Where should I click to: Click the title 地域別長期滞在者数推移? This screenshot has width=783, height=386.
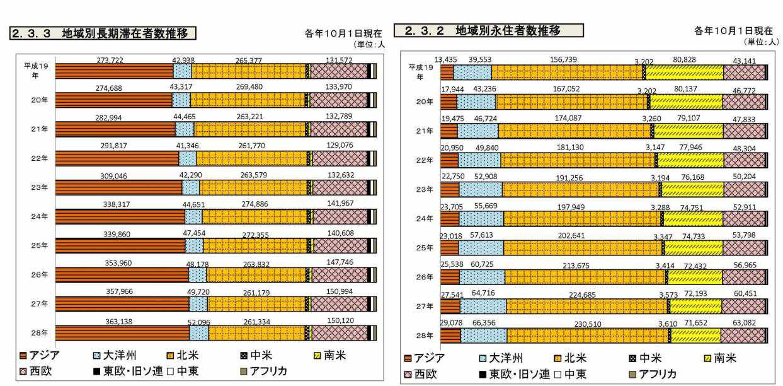(x=129, y=33)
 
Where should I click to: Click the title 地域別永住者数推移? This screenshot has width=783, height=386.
(x=508, y=30)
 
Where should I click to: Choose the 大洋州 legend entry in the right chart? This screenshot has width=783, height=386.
(x=507, y=359)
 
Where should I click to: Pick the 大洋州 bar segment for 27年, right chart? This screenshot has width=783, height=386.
(x=483, y=307)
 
